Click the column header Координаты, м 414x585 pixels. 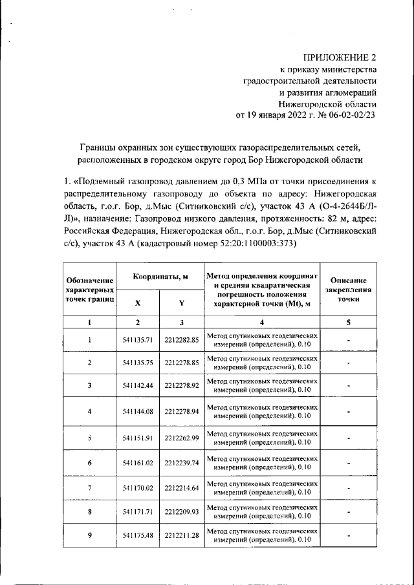tap(160, 276)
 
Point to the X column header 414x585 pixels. tap(137, 303)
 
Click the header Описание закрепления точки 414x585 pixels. tap(348, 290)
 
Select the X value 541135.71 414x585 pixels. tap(137, 340)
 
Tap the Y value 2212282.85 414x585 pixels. tap(181, 340)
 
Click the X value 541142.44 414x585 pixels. tap(137, 386)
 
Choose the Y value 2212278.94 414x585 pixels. tap(181, 411)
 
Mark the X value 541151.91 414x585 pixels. tap(137, 438)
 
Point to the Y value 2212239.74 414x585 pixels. tap(181, 463)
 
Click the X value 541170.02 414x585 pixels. tap(137, 487)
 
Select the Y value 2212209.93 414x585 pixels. tap(181, 512)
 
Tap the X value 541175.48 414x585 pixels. tap(137, 536)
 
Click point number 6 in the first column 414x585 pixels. tap(89, 463)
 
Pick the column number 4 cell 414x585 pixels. tap(262, 322)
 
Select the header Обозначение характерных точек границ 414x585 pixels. tap(89, 290)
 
